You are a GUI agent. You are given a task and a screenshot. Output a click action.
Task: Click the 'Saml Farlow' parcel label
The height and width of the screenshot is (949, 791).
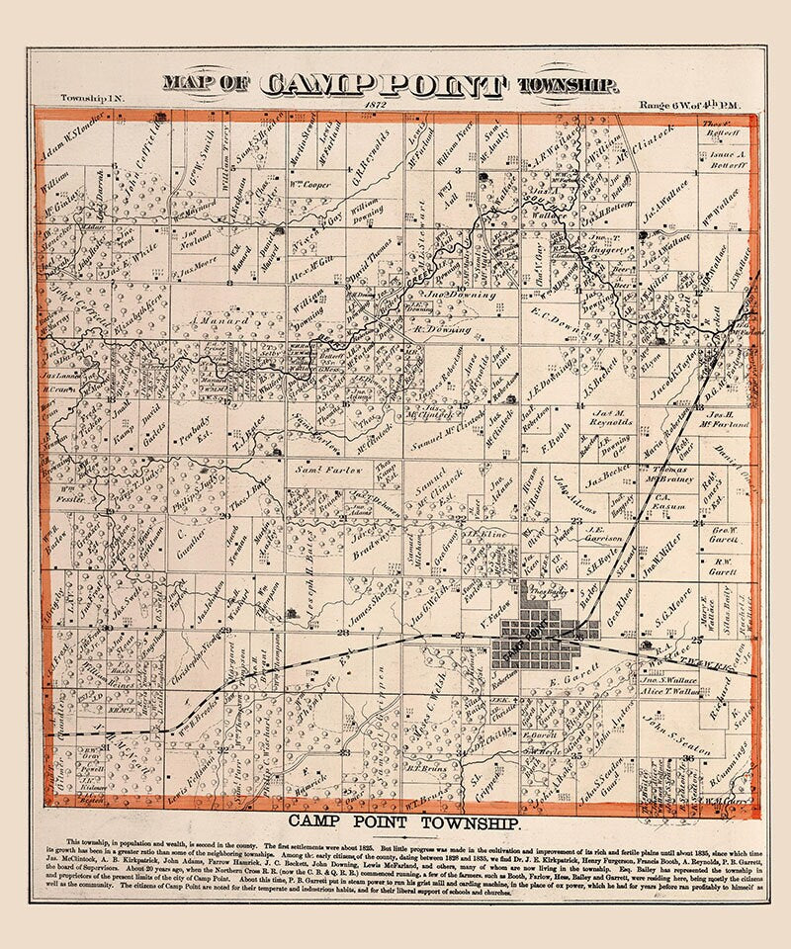point(315,470)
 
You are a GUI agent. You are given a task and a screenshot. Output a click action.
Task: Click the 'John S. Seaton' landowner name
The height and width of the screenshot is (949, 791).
point(681,735)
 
